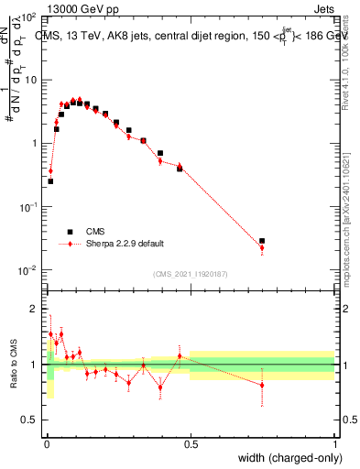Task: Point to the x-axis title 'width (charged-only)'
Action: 285,457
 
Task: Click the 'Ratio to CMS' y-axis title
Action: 13,364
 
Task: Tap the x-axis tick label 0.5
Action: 191,441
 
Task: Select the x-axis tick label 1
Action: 334,441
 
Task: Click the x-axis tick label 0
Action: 47,441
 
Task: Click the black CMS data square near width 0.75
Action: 262,241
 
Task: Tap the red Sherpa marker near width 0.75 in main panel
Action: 262,247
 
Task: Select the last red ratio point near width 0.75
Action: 262,385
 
